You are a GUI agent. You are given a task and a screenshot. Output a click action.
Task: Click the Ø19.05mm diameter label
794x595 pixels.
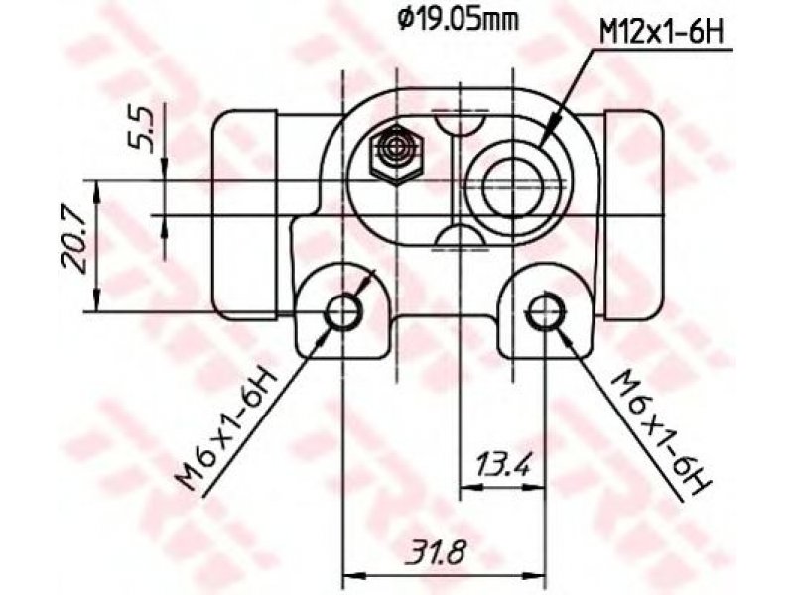459,21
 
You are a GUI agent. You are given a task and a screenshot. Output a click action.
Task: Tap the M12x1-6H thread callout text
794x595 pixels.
661,33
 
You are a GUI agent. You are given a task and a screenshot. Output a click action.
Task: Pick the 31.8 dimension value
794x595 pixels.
438,553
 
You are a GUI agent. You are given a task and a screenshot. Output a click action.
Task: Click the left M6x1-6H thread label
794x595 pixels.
226,429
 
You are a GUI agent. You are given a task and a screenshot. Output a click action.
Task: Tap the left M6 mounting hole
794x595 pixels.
343,312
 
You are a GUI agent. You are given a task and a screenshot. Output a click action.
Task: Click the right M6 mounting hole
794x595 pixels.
545,311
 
